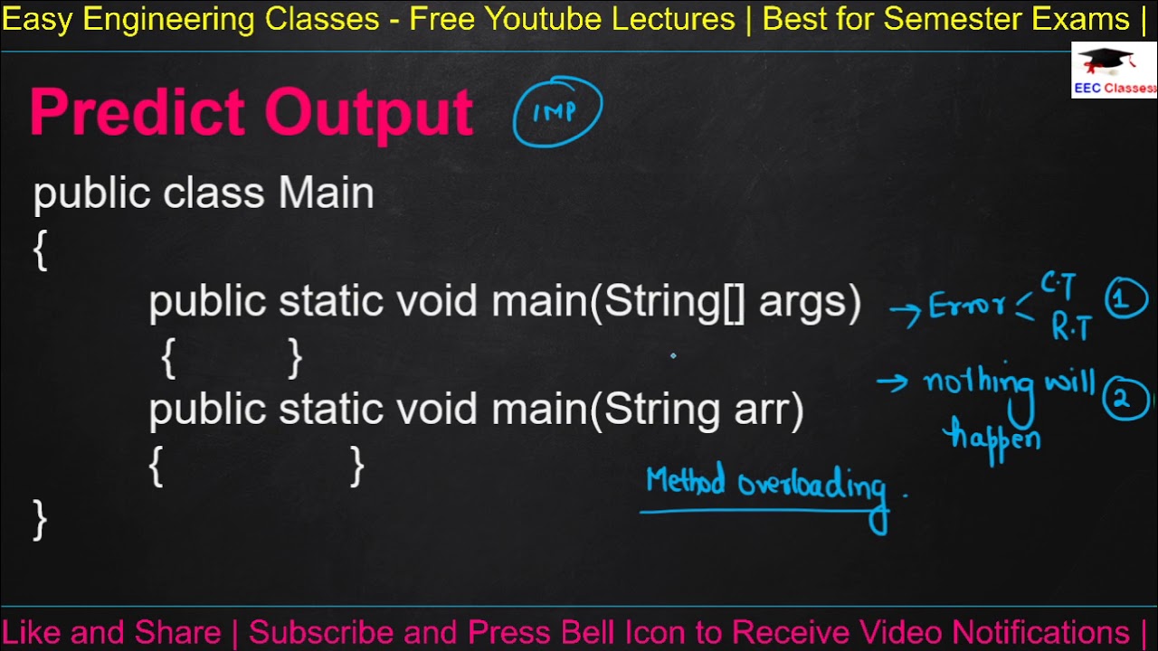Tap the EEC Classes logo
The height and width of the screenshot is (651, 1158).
1114,70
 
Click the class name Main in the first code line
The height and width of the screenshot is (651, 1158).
326,193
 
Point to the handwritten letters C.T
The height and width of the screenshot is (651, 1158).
1058,287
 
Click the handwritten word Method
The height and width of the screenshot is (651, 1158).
685,482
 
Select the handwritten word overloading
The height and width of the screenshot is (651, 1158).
812,486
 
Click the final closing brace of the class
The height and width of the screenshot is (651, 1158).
40,520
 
